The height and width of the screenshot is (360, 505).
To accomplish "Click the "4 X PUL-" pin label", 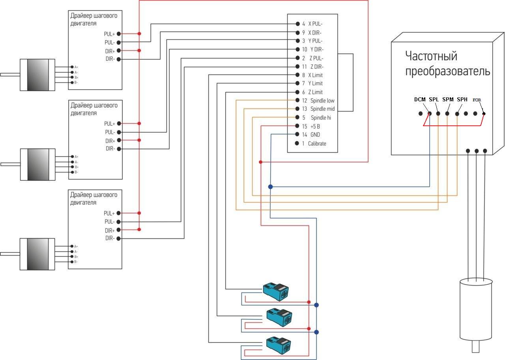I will (312, 24).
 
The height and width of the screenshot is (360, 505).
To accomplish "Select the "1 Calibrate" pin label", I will (314, 144).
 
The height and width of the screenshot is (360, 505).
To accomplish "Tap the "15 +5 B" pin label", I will (311, 126).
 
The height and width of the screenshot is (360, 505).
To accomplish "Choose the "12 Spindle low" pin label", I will (318, 101).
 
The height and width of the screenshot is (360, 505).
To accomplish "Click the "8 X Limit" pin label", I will (312, 75).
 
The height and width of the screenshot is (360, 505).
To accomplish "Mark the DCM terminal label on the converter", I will (420, 99).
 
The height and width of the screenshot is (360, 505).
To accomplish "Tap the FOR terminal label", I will (477, 100).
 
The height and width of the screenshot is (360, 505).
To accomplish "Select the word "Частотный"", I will (431, 56).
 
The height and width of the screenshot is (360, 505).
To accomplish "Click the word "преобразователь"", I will (448, 71).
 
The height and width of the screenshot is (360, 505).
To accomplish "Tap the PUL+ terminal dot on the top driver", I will (118, 34).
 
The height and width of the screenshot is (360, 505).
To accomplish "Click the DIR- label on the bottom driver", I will (110, 238).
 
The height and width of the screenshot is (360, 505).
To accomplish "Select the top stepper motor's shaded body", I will (37, 75).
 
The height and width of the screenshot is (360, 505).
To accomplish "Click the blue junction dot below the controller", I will (270, 187).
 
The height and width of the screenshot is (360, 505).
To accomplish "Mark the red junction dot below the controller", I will (261, 162).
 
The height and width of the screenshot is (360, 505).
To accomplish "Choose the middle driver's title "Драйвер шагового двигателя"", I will (94, 109).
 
